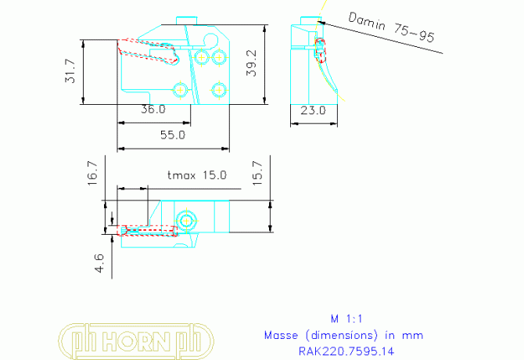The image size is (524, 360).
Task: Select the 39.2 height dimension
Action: coord(251,63)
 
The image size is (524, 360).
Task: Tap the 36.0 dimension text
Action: coord(153,110)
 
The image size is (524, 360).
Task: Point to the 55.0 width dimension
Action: coord(172,135)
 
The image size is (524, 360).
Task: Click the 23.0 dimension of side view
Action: coord(313,110)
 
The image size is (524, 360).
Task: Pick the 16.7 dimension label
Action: coord(92,172)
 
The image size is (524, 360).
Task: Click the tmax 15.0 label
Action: coord(196,175)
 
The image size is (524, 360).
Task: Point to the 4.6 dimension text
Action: coord(99,261)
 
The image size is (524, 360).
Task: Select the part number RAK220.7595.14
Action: coord(346,351)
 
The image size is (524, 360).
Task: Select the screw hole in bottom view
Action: coord(186,221)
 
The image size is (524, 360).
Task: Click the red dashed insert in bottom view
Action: coord(147,231)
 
